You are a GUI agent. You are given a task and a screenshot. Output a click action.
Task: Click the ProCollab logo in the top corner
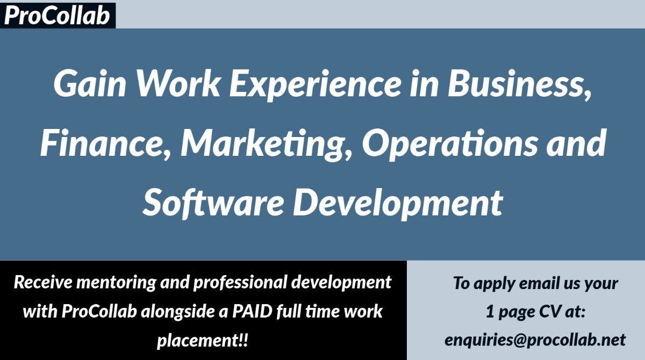point(57,15)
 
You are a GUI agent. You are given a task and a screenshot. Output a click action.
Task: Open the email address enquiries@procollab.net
point(535,340)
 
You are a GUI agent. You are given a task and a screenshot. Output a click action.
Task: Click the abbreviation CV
point(551,312)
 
